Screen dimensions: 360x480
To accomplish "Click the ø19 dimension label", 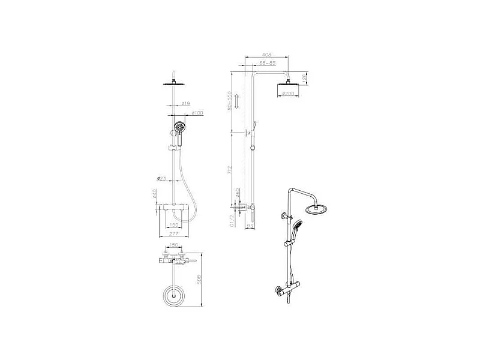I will pyautogui.click(x=185, y=103).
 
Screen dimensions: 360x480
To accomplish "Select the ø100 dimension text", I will pyautogui.click(x=197, y=113).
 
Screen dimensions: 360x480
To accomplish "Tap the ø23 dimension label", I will pyautogui.click(x=161, y=178).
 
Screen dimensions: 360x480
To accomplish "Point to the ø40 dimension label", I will pyautogui.click(x=155, y=196).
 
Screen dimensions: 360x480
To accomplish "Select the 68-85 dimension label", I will pyautogui.click(x=268, y=63).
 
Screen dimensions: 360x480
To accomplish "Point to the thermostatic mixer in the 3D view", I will pyautogui.click(x=286, y=290).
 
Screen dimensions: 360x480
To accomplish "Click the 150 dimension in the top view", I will pyautogui.click(x=173, y=245).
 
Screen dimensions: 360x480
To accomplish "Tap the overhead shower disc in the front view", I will pyautogui.click(x=174, y=83).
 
